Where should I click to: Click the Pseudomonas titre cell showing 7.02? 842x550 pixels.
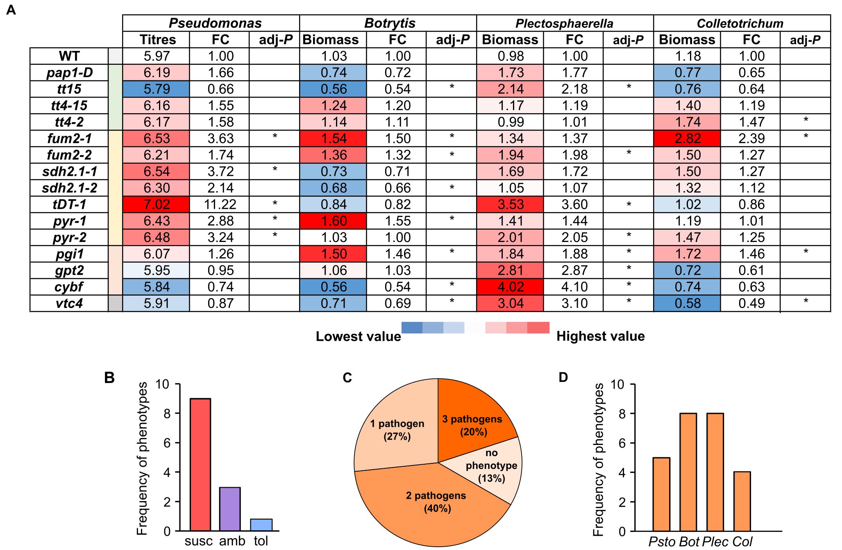156,204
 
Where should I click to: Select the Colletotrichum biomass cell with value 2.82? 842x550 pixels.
687,139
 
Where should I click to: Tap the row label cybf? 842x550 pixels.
69,287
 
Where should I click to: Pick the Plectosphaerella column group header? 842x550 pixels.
564,23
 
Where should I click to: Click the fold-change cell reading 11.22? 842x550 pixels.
220,204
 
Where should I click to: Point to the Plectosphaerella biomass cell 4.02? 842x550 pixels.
511,287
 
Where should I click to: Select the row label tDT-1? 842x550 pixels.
69,204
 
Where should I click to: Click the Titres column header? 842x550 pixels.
157,40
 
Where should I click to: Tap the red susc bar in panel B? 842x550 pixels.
200,463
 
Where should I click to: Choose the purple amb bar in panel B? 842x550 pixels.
230,509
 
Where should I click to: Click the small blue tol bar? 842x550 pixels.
261,525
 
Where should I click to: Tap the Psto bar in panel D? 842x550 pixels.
661,494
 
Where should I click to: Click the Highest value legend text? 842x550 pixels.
600,336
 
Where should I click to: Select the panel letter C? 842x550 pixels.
347,377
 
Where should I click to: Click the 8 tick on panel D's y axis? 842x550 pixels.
622,413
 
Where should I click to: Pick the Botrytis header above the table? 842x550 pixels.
390,23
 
